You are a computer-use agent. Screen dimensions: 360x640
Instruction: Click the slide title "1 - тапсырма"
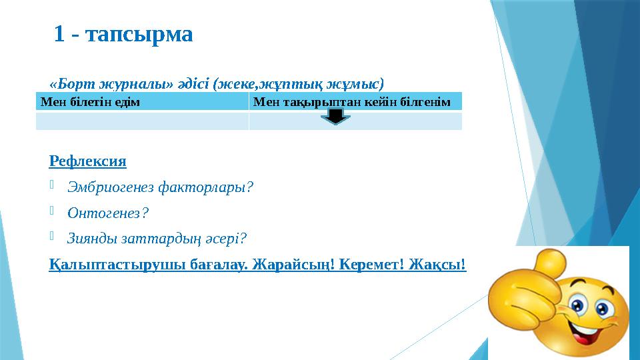coord(123,34)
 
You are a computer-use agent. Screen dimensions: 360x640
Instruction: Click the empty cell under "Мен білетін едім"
coord(142,121)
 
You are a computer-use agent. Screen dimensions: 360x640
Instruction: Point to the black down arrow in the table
coord(336,117)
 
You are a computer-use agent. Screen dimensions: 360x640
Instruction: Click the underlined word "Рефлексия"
coord(88,161)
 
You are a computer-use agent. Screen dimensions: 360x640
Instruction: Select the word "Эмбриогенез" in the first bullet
coord(111,187)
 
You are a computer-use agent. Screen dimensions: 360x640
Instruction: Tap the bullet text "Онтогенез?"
coord(107,213)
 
